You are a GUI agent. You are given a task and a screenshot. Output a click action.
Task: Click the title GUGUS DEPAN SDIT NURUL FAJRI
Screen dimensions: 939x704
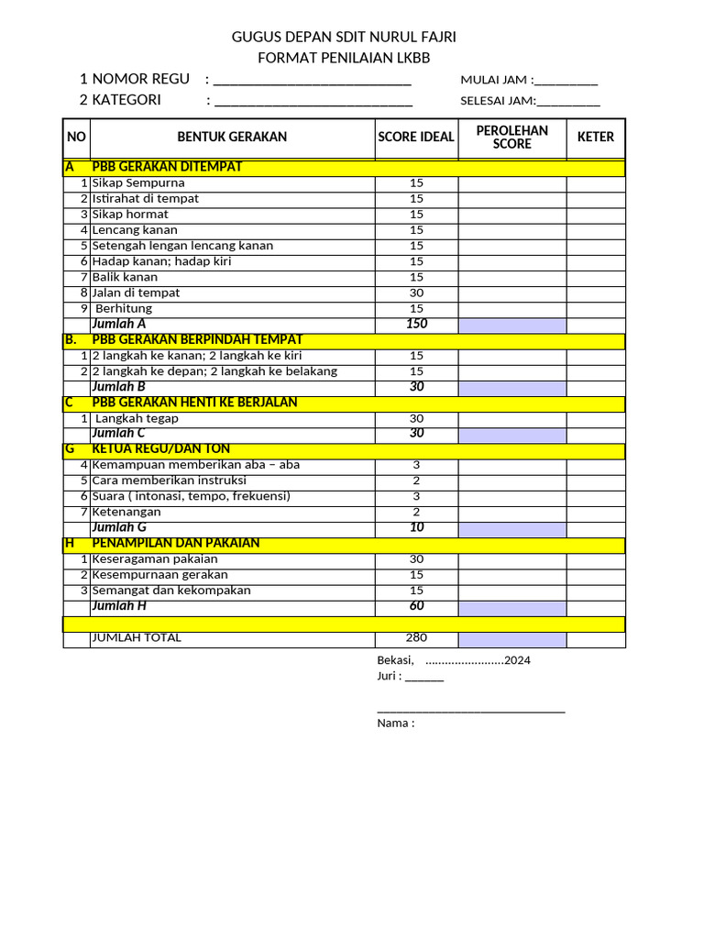[x=343, y=37]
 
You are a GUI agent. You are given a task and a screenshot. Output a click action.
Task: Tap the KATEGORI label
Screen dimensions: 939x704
[x=126, y=100]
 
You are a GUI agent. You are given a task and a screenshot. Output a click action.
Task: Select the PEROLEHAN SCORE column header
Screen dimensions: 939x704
[x=511, y=137]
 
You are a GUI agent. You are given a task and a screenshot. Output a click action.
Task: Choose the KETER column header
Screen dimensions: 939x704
[x=595, y=137]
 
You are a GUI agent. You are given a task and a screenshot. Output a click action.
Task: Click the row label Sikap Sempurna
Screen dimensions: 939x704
[x=138, y=182]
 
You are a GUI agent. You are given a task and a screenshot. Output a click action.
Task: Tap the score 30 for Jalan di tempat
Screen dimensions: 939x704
[x=416, y=293]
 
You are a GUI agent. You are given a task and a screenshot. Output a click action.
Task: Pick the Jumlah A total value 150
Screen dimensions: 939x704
[x=416, y=324]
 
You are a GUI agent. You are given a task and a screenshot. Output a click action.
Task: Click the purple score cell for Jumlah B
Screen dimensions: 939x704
[x=511, y=388]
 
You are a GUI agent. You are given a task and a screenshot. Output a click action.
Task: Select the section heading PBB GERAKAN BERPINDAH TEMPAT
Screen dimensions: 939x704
[x=197, y=339]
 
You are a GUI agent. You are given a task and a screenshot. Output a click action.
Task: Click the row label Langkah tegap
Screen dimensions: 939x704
[x=137, y=418]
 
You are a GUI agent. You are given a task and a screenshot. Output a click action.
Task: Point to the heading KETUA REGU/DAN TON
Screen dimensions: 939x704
[x=160, y=448]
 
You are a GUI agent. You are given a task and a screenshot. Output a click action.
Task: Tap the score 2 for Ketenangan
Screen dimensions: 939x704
[x=416, y=512]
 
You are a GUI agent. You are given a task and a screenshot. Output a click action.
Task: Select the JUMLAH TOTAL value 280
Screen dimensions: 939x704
[x=416, y=638]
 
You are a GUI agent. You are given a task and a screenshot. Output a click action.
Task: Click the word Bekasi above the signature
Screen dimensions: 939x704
[x=395, y=660]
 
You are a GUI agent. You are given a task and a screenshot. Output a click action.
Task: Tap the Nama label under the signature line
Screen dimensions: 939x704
[x=395, y=723]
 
